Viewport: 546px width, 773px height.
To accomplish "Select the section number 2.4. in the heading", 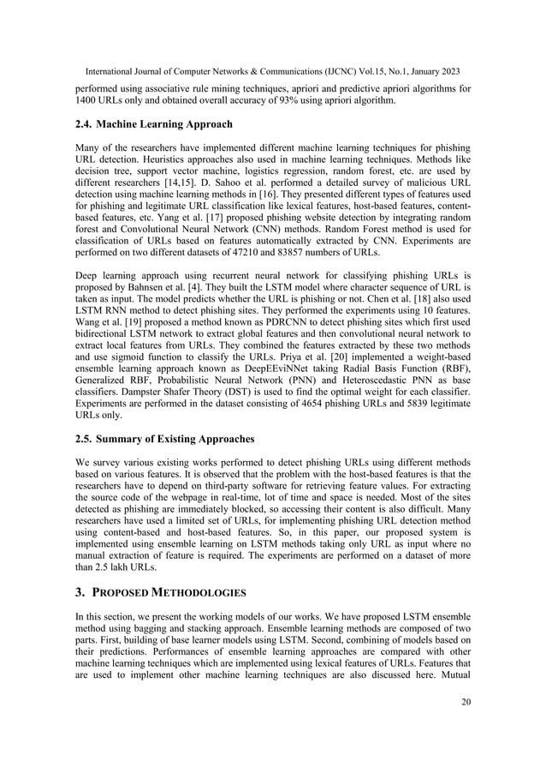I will [x=88, y=124].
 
